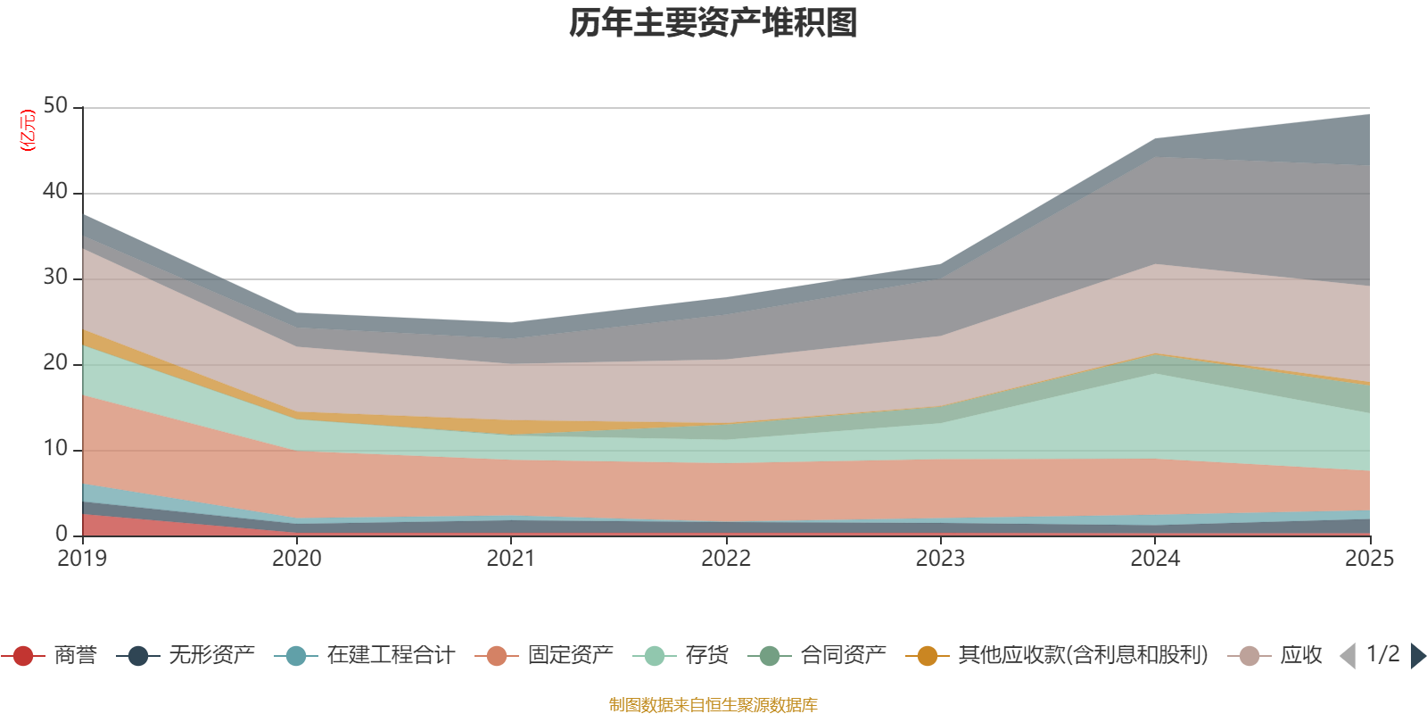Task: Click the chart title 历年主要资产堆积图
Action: (713, 23)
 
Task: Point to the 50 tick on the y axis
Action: (55, 105)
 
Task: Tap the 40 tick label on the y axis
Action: (55, 191)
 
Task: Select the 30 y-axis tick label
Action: (55, 277)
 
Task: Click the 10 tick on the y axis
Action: (55, 448)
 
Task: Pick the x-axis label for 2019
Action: (82, 559)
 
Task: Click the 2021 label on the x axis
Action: (511, 559)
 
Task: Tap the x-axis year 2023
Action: (940, 559)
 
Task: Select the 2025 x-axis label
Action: (1369, 559)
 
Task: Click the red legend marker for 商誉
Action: (23, 656)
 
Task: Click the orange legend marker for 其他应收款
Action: (928, 656)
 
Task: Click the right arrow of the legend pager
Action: (1417, 656)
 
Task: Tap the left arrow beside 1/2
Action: (1348, 656)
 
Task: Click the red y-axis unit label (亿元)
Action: (28, 130)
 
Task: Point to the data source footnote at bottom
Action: (713, 705)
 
